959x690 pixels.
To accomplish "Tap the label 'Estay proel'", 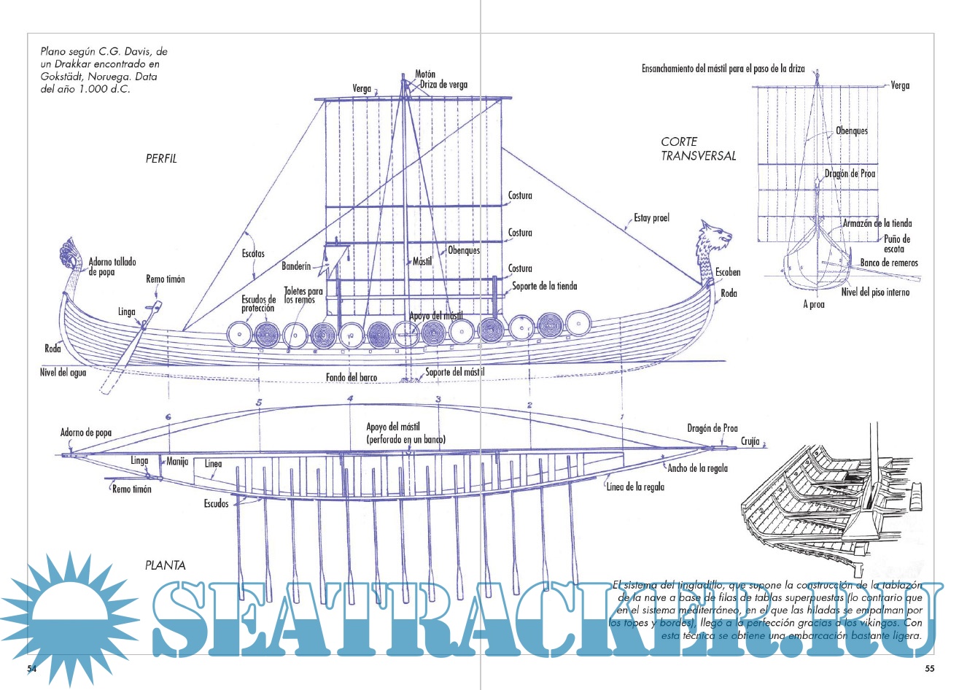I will click(x=651, y=217).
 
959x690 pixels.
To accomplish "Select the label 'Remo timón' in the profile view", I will click(x=166, y=279).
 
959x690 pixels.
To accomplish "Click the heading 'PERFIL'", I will click(x=161, y=158).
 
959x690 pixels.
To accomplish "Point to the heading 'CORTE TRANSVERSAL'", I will click(x=698, y=149).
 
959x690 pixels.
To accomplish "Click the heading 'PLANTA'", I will click(x=165, y=565).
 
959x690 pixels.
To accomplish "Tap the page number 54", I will click(x=32, y=668).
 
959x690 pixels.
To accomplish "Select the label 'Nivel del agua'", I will click(x=63, y=372).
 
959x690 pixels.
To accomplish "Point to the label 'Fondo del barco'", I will click(x=352, y=378).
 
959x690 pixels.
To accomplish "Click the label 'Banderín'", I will click(x=296, y=267).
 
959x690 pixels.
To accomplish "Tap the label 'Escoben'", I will click(x=727, y=272).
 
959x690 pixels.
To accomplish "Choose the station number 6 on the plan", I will click(x=168, y=417).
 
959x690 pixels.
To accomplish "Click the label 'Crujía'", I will click(x=750, y=441).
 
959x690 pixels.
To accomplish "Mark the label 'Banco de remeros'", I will click(x=889, y=263).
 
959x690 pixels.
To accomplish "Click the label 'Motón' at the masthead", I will click(x=425, y=74).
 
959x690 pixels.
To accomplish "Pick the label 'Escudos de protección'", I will click(x=259, y=303).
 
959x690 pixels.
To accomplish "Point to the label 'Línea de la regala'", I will click(x=635, y=487).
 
